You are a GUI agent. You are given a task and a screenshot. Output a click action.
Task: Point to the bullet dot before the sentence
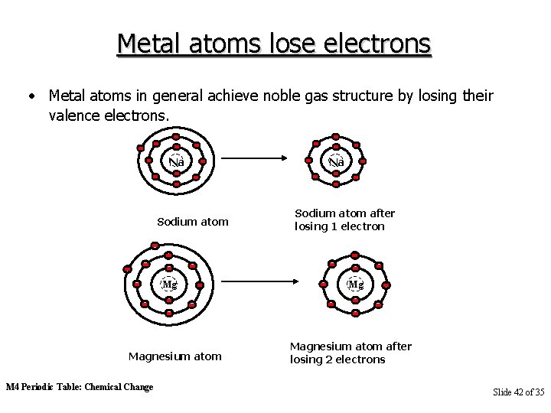pyautogui.click(x=31, y=97)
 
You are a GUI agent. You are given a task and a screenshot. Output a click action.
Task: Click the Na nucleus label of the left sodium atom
pyautogui.click(x=177, y=161)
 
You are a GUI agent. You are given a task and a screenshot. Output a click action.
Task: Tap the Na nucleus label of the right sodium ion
pyautogui.click(x=336, y=161)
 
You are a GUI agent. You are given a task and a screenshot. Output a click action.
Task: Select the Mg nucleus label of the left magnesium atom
pyautogui.click(x=169, y=285)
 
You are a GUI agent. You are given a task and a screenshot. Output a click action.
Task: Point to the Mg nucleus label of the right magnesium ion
pyautogui.click(x=355, y=285)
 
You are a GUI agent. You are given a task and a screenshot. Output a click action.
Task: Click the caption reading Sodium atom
pyautogui.click(x=193, y=222)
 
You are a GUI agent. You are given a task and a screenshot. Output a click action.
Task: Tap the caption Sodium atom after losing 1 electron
pyautogui.click(x=344, y=220)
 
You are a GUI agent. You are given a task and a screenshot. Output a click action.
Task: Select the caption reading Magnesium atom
pyautogui.click(x=175, y=356)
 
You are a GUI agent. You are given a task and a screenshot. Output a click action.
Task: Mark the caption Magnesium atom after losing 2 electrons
pyautogui.click(x=350, y=353)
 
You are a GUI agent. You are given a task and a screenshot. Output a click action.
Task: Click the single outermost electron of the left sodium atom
pyautogui.click(x=140, y=148)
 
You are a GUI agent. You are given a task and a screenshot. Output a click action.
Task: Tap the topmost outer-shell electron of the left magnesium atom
pyautogui.click(x=155, y=246)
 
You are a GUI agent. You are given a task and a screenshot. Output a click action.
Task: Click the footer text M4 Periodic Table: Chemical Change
pyautogui.click(x=80, y=387)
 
